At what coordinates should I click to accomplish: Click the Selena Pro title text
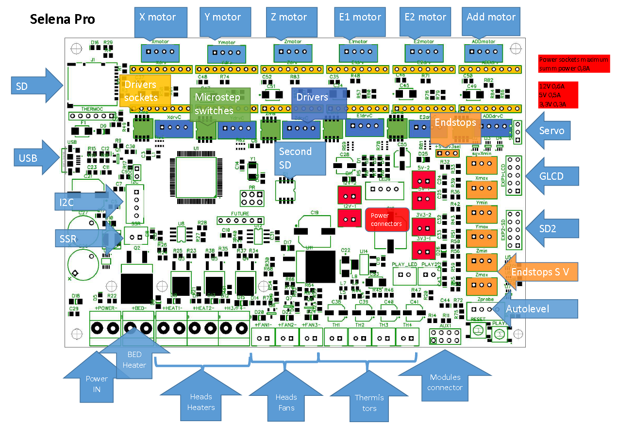62,19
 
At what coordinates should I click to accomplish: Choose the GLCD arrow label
551,176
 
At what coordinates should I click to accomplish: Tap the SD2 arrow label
551,228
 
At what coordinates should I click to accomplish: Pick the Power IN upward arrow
97,379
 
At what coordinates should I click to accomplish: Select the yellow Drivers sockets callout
145,90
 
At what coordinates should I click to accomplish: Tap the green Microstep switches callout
219,104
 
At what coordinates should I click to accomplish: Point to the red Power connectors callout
387,220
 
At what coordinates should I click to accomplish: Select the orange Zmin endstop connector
482,262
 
